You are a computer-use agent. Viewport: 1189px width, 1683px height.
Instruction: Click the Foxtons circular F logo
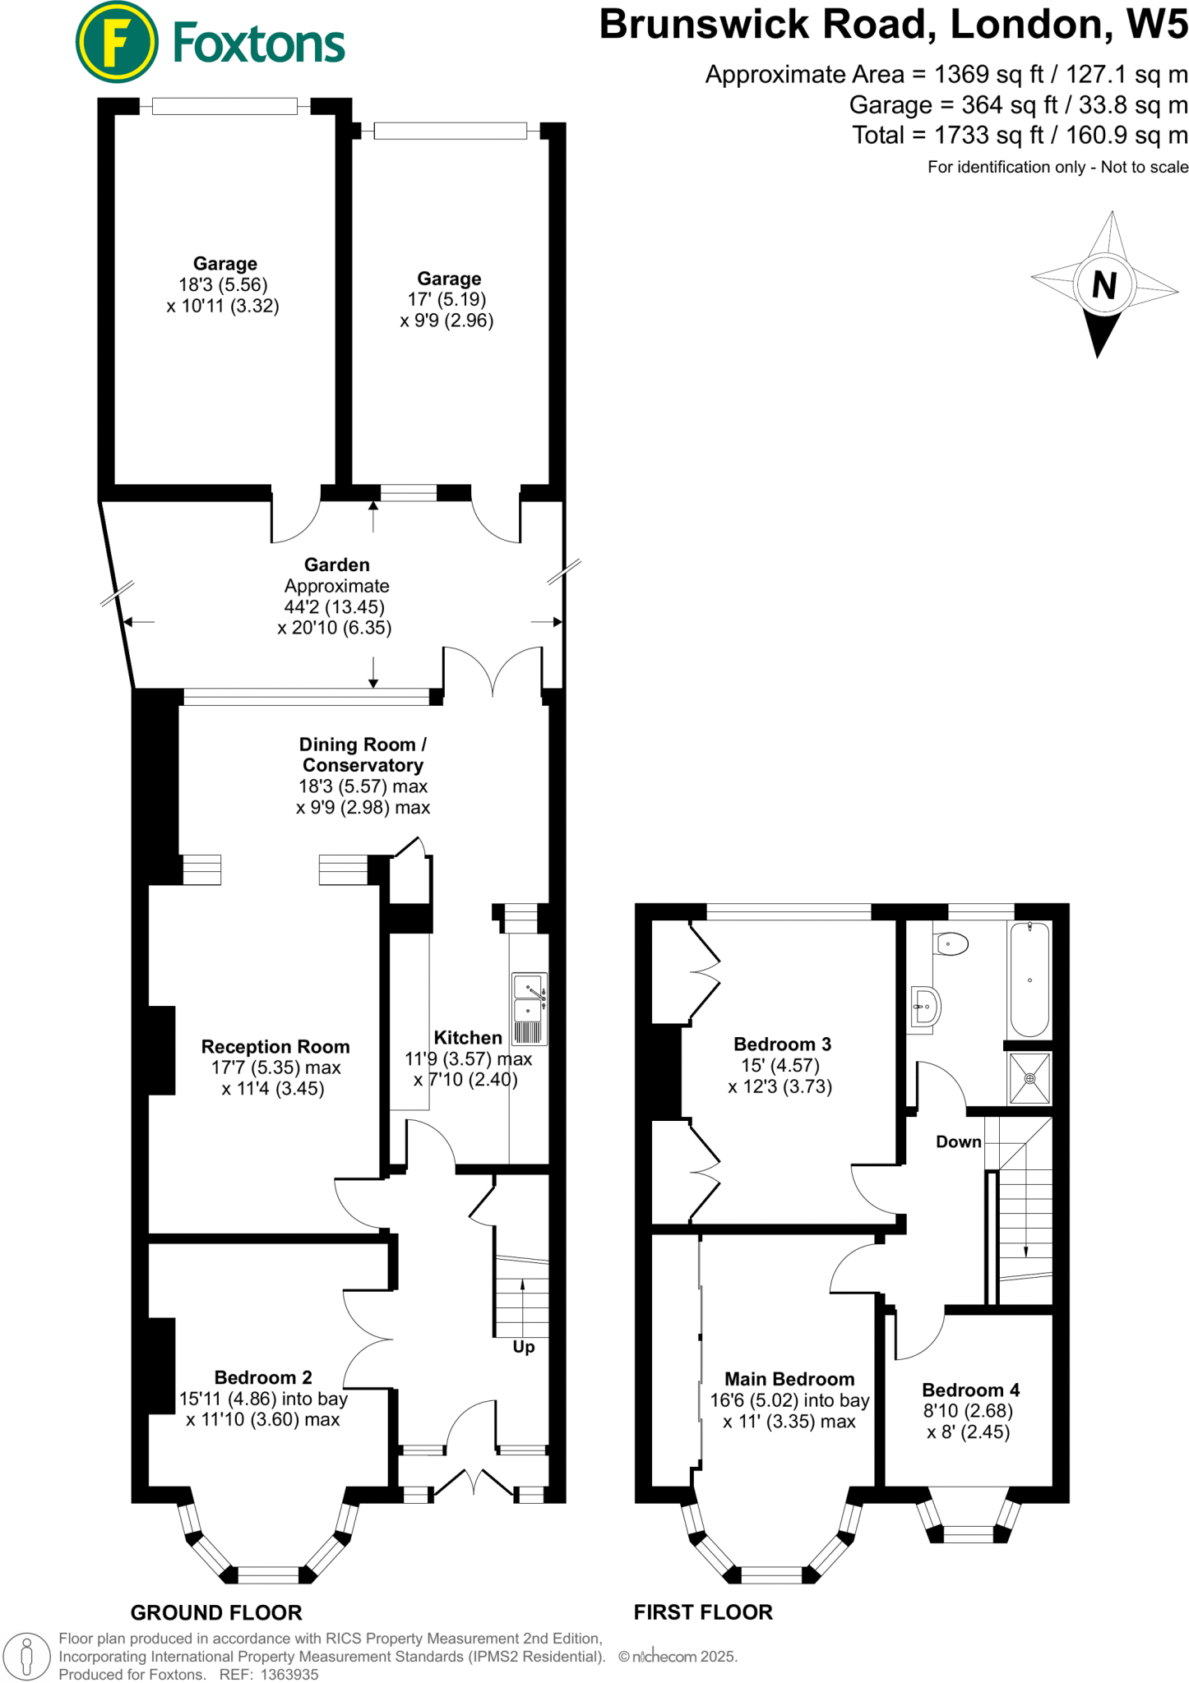[x=116, y=43]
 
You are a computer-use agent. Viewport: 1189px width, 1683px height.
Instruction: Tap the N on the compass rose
[x=1104, y=285]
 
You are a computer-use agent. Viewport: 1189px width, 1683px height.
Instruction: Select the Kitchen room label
[x=468, y=1038]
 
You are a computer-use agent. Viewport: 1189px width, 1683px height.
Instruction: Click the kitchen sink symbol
[x=529, y=1008]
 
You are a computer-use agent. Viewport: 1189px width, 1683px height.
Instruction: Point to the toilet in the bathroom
[x=951, y=943]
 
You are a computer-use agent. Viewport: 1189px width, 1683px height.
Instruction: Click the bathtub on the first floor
[x=1029, y=980]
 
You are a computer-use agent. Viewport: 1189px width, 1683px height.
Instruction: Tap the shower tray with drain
[x=1029, y=1078]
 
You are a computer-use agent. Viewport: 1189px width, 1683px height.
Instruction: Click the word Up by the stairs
[x=524, y=1347]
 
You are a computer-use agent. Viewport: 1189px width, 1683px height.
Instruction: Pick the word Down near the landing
[x=959, y=1142]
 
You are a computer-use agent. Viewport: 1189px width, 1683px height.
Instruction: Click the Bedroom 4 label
[x=970, y=1390]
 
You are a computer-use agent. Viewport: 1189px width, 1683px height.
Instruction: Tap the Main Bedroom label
[x=789, y=1379]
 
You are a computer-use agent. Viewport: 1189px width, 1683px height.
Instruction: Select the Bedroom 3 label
[x=782, y=1044]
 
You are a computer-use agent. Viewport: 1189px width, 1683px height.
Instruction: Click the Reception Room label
[x=275, y=1047]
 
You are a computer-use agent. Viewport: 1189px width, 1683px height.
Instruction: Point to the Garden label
[x=337, y=565]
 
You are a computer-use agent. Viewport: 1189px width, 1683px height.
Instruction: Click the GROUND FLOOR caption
[x=216, y=1612]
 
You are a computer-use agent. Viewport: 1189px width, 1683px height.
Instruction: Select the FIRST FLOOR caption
[x=703, y=1612]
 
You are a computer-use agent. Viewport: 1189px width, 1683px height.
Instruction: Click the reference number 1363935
[x=289, y=1675]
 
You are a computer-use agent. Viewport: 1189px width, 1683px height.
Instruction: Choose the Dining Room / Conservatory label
[x=363, y=754]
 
